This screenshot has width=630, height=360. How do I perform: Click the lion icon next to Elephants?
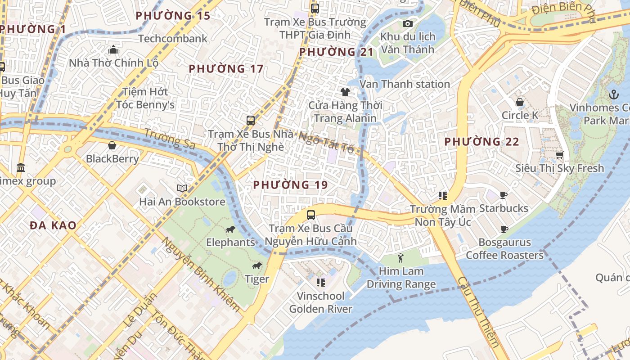(x=230, y=229)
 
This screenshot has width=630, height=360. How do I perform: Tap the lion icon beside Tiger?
(x=257, y=266)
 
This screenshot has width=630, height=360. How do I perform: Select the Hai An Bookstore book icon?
(x=182, y=188)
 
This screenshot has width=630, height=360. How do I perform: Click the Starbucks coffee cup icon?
(x=504, y=195)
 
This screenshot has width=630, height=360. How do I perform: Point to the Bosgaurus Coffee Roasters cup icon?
(x=504, y=229)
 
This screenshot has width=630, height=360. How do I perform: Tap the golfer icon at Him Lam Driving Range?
(x=401, y=258)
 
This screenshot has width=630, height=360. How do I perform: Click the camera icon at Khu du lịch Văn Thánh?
(x=408, y=23)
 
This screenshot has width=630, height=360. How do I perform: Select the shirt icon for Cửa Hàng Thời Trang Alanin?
(x=345, y=92)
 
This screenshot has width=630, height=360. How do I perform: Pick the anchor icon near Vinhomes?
(x=613, y=94)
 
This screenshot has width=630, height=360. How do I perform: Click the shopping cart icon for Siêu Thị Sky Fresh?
(x=559, y=155)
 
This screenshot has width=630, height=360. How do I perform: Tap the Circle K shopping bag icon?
(x=520, y=102)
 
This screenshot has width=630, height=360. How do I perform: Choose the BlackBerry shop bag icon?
(x=112, y=145)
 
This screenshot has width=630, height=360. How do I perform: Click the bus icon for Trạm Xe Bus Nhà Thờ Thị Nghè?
(x=251, y=121)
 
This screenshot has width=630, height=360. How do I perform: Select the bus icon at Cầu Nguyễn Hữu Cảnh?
(x=310, y=215)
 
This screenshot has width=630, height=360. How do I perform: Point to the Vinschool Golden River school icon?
(x=321, y=283)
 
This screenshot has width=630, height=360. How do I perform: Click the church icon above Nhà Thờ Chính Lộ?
(x=113, y=49)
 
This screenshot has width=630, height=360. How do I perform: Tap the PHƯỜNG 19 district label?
(x=290, y=184)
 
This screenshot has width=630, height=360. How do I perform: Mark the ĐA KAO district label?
(x=53, y=225)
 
